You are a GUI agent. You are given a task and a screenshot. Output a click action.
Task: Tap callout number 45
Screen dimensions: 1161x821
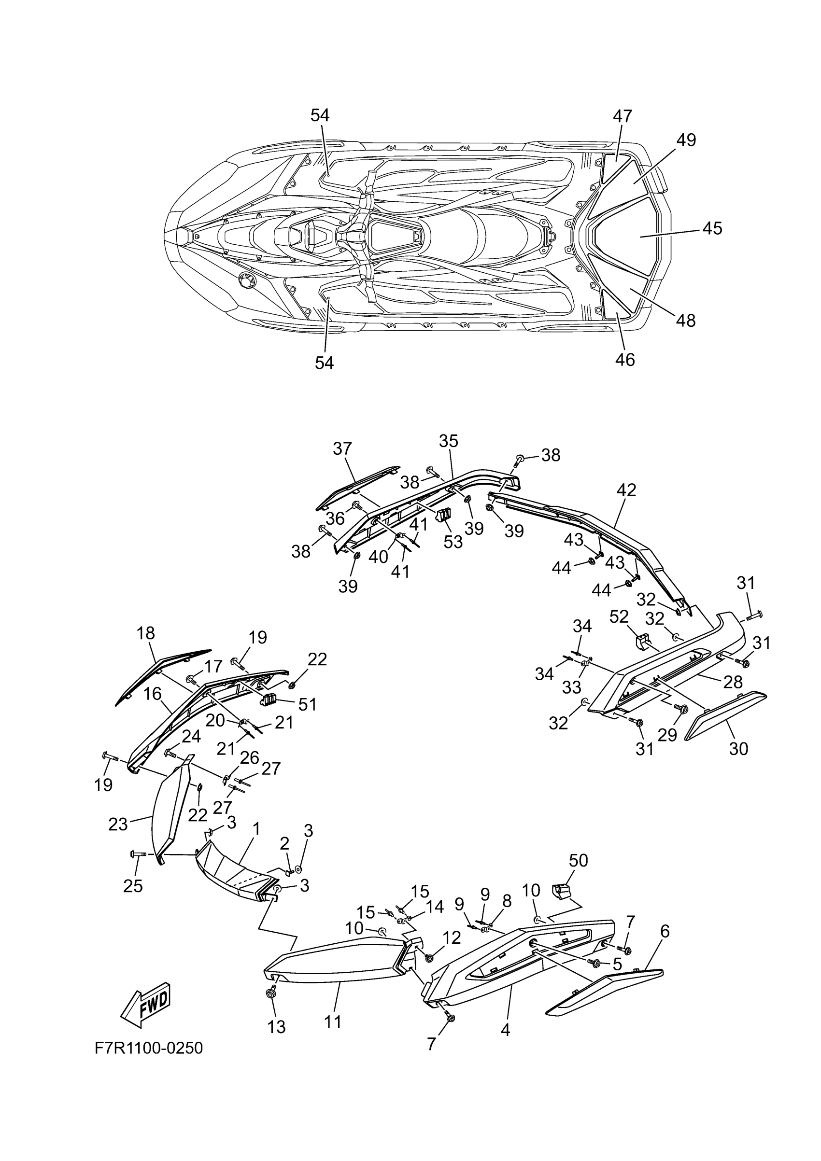pyautogui.click(x=712, y=228)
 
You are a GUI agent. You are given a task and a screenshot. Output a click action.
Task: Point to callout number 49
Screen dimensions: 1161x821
pyautogui.click(x=686, y=140)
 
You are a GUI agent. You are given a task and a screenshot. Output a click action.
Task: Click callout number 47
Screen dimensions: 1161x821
pyautogui.click(x=623, y=116)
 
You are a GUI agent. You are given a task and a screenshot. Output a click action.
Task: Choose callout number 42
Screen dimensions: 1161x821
pyautogui.click(x=626, y=490)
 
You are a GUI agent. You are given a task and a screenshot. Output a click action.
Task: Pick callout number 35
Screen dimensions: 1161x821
pyautogui.click(x=448, y=441)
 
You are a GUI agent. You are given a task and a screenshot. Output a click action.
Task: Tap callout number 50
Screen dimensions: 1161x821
pyautogui.click(x=578, y=860)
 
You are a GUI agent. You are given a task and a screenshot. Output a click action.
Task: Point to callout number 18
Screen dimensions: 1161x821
pyautogui.click(x=146, y=632)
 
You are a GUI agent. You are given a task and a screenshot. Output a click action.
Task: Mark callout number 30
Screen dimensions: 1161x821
pyautogui.click(x=738, y=748)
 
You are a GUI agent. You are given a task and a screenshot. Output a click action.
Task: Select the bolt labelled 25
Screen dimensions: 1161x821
pyautogui.click(x=138, y=853)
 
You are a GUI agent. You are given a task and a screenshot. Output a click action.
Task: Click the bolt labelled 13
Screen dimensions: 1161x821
pyautogui.click(x=270, y=993)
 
